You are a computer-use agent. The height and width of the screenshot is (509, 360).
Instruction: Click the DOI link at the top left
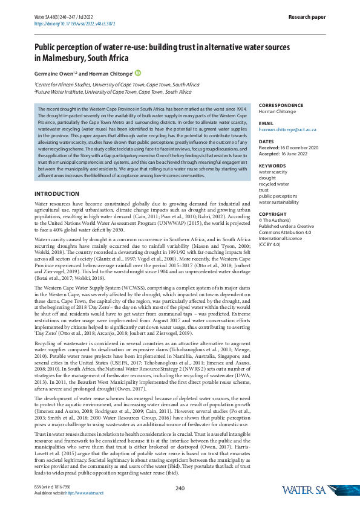point(74,24)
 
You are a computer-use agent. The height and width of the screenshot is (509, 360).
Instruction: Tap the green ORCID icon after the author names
point(138,73)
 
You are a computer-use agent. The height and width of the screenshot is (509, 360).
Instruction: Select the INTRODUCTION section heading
point(56,193)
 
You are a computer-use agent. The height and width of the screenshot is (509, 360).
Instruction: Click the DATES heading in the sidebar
point(266,141)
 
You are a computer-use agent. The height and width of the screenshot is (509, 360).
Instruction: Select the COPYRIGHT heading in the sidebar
point(272,214)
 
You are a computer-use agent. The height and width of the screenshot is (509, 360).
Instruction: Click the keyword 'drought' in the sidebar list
point(267,178)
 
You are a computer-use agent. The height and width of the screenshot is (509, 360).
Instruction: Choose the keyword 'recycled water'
point(275,184)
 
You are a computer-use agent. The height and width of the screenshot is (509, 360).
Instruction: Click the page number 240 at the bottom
point(180,488)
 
